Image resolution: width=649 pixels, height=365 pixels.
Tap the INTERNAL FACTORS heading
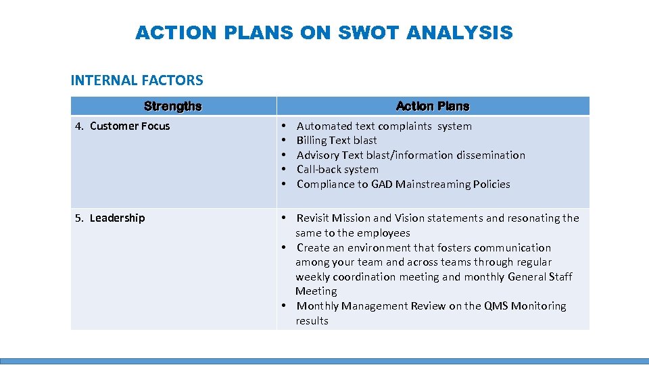click(137, 80)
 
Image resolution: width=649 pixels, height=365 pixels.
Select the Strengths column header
click(172, 106)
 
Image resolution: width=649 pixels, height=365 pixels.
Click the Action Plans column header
click(433, 106)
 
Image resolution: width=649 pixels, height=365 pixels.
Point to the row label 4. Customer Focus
click(122, 126)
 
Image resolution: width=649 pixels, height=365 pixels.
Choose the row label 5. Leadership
click(110, 218)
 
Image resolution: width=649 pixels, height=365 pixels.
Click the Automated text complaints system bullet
click(384, 126)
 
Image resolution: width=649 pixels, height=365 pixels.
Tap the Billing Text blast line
click(337, 141)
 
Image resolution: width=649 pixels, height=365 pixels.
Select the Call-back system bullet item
click(337, 170)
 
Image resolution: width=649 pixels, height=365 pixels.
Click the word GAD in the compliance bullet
click(382, 185)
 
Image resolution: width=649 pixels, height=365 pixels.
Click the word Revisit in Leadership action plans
click(312, 218)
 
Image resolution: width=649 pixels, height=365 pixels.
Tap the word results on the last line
click(312, 321)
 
